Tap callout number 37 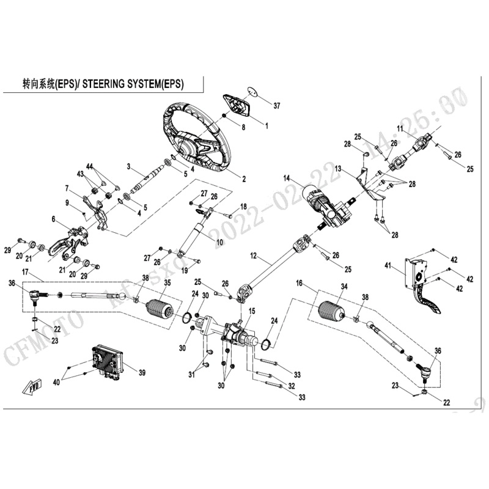pos(277,106)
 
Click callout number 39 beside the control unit pos(142,372)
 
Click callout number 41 pos(404,265)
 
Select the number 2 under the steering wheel pos(243,180)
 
